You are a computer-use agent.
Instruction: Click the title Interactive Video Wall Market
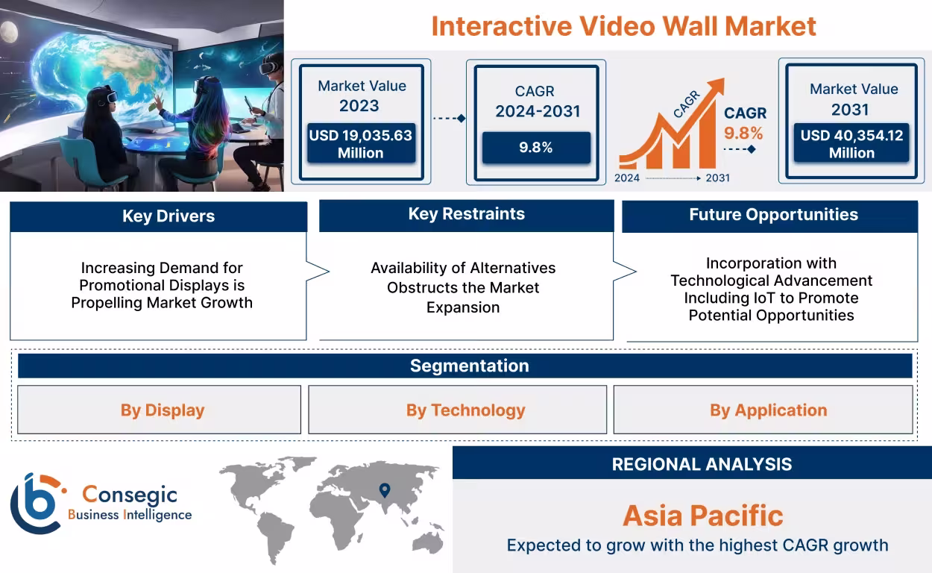tap(623, 26)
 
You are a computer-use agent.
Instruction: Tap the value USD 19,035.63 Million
tap(361, 144)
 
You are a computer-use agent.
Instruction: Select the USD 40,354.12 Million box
tap(851, 144)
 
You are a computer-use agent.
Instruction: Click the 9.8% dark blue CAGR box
tap(535, 148)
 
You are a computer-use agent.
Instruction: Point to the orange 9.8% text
tap(743, 134)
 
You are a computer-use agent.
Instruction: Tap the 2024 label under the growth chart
tap(627, 178)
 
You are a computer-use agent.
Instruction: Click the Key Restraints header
tap(466, 214)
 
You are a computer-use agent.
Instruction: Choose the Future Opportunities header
tap(772, 215)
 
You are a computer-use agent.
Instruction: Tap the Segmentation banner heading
tap(469, 366)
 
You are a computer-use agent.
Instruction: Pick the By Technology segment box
tap(465, 410)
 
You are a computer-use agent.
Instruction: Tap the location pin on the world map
tap(385, 490)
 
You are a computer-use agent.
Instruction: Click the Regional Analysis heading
tap(701, 464)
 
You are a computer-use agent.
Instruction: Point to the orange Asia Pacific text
tap(702, 516)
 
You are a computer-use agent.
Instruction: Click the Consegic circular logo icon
tap(36, 504)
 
